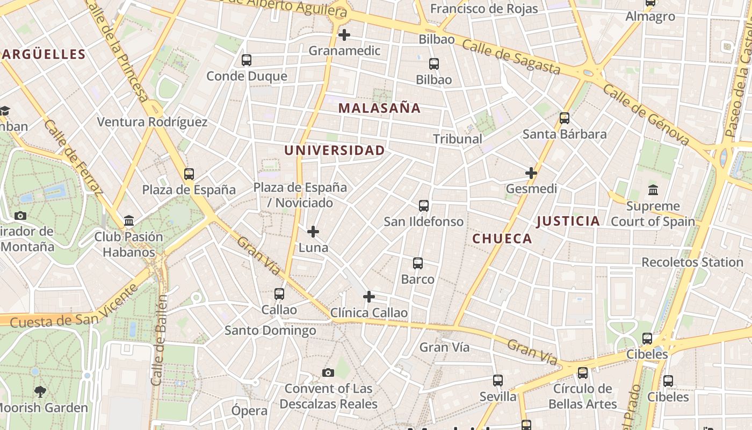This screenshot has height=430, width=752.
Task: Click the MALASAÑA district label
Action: coord(379,108)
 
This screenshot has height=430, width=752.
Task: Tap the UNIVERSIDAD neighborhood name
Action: coord(334,150)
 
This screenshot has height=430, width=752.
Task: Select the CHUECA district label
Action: coord(502,239)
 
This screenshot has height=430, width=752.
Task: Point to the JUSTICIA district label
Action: coord(568,221)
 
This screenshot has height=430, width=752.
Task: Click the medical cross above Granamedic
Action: coord(344,35)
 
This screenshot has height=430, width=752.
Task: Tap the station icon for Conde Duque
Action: coord(247,60)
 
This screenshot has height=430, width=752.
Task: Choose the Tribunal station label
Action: coord(458,139)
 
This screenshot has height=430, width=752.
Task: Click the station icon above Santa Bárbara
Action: coord(565,118)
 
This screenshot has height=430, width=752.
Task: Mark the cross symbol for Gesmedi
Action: coord(531,173)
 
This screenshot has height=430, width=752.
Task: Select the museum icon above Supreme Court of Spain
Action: coord(653,190)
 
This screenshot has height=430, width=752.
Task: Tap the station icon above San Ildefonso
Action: coord(424,205)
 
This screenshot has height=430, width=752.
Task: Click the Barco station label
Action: coord(418,279)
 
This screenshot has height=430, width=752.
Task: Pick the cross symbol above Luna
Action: coord(313,232)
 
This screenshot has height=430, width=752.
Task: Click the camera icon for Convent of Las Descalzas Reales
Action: coord(328,372)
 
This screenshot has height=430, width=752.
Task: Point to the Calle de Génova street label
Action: coord(646,114)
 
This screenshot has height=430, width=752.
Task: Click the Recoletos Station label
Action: coord(692,262)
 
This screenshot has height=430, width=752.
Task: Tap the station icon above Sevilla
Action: coord(498,381)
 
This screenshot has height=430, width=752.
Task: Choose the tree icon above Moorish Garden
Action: coord(40,391)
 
